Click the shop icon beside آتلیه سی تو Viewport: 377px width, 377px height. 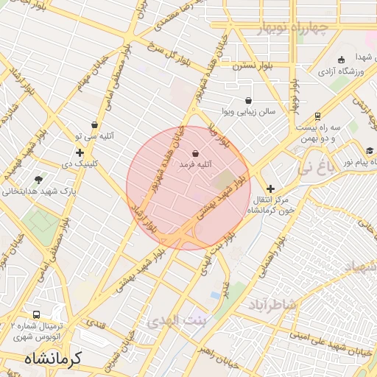(94, 125)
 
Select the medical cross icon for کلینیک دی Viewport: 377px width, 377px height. (80, 152)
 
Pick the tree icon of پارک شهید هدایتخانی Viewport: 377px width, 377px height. (38, 179)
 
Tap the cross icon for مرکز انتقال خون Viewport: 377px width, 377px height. (270, 188)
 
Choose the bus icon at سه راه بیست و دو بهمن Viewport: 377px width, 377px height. (317, 116)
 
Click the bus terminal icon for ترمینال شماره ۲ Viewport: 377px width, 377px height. (37, 315)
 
